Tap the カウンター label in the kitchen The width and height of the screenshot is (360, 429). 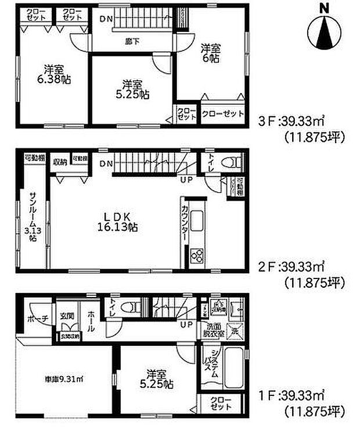point(184,223)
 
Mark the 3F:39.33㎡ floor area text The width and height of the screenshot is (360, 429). point(291,123)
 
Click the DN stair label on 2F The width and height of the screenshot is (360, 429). point(106,163)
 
